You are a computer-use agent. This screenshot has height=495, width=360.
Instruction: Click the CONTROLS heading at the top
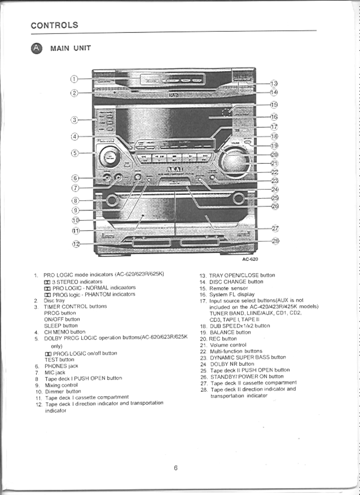[x=54, y=25]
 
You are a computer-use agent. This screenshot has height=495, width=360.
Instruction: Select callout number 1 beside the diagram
[x=75, y=79]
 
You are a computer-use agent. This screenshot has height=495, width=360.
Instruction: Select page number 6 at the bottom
[x=176, y=468]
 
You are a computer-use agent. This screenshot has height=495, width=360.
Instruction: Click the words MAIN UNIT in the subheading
[x=71, y=49]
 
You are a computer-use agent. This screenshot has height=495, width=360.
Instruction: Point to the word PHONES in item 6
[x=55, y=366]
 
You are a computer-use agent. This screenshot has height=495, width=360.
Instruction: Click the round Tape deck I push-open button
[x=112, y=201]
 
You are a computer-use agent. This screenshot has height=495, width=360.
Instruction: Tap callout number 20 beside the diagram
[x=274, y=154]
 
